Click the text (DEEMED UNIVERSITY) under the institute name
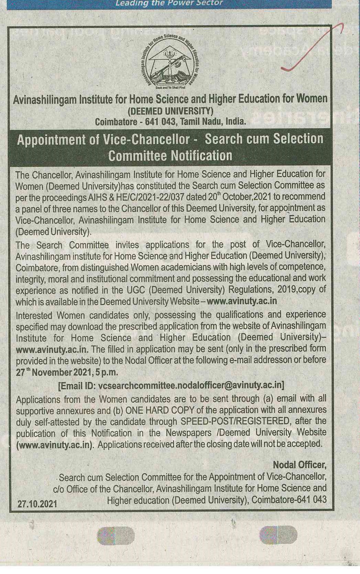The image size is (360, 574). [171, 111]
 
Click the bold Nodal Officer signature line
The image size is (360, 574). [299, 465]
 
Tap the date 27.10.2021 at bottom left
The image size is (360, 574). [37, 504]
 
